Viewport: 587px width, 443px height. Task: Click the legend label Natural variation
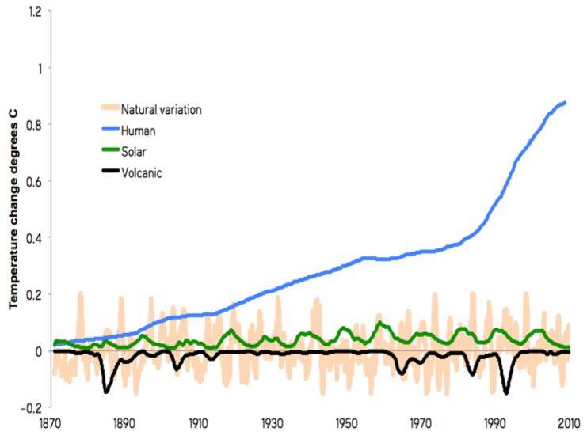[x=162, y=109]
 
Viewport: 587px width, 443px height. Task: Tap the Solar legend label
[x=135, y=150]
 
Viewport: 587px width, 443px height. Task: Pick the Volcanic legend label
[x=142, y=171]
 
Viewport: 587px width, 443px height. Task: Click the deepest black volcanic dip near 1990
[x=505, y=392]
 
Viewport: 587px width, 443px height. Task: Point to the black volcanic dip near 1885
[x=106, y=391]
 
